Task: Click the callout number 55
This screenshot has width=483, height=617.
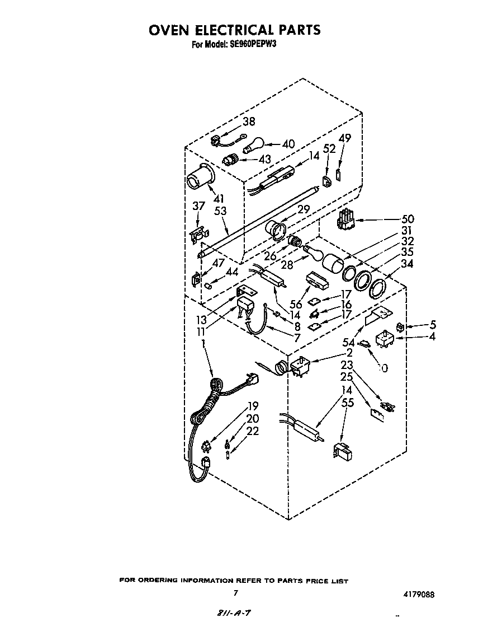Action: click(x=348, y=401)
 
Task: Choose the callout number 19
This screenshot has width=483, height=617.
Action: click(x=253, y=406)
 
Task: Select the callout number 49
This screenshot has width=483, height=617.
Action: click(x=345, y=138)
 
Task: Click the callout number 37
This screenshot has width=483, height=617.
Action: click(x=198, y=206)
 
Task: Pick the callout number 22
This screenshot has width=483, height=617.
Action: click(x=253, y=431)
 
